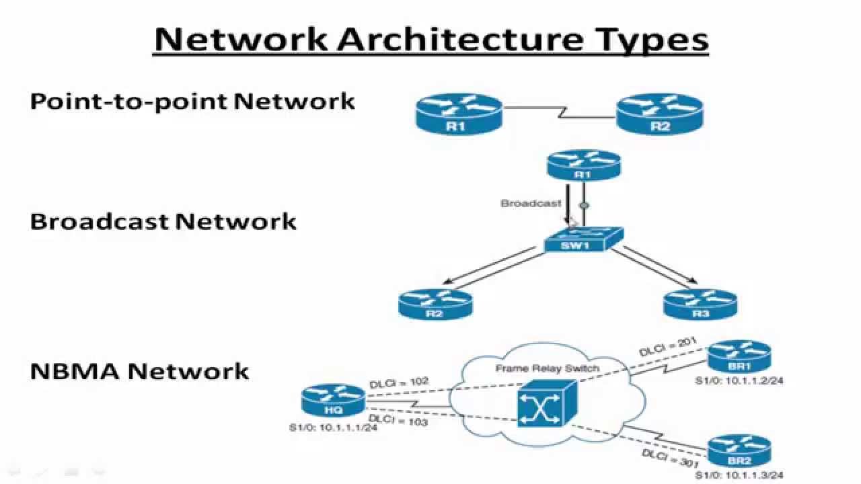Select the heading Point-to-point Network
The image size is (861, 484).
(x=192, y=101)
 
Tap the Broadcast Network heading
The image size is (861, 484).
(x=163, y=221)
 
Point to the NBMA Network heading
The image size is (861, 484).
(x=140, y=370)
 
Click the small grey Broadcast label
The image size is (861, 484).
(x=531, y=203)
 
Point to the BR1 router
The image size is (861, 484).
(x=739, y=358)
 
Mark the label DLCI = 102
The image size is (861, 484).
(x=399, y=383)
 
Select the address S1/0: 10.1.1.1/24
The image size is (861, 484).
(x=334, y=428)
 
